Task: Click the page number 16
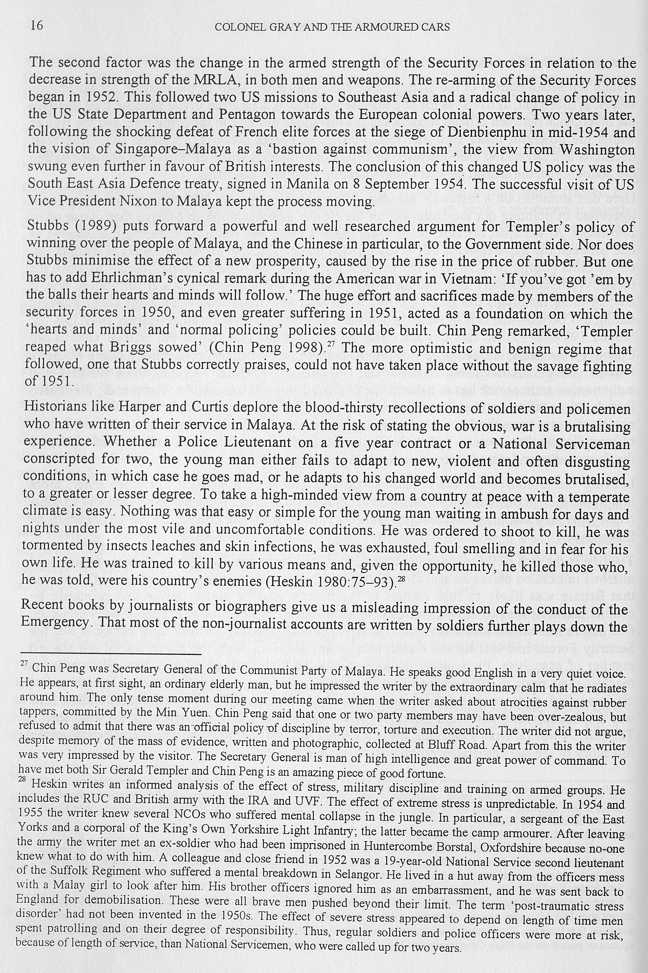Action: tap(36, 26)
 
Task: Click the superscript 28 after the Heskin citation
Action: tap(400, 578)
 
